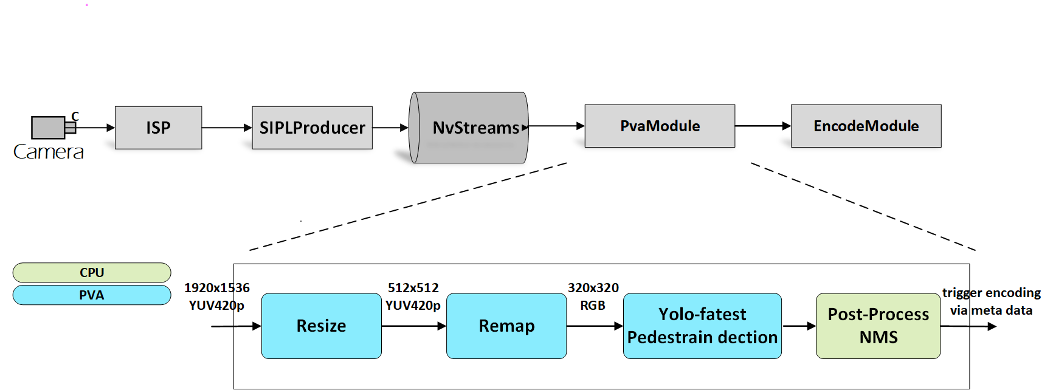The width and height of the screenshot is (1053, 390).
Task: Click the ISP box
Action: point(158,128)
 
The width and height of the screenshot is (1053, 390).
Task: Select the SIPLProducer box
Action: point(312,128)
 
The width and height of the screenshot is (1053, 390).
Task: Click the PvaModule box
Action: point(660,126)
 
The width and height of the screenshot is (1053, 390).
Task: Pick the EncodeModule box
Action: point(866,126)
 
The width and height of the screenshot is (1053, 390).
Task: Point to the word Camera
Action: point(49,152)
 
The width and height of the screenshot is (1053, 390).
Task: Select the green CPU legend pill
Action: point(92,272)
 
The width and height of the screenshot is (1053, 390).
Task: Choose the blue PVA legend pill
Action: point(92,295)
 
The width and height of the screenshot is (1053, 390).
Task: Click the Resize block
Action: point(321,326)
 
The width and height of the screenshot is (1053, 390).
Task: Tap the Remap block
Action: point(506,326)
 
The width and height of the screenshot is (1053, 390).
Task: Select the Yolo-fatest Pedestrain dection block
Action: point(702,326)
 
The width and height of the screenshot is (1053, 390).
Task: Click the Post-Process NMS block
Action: point(878,326)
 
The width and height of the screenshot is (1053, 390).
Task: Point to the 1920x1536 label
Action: point(217,288)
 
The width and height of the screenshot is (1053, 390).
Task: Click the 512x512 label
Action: point(413,288)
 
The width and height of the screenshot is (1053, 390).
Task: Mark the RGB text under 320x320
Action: point(593,306)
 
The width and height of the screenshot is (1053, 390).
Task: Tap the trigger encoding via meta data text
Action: point(991,301)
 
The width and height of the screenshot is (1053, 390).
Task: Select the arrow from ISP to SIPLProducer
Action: point(226,128)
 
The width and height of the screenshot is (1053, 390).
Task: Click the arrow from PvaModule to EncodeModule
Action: point(762,126)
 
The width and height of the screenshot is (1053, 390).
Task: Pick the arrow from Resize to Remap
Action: point(413,326)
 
